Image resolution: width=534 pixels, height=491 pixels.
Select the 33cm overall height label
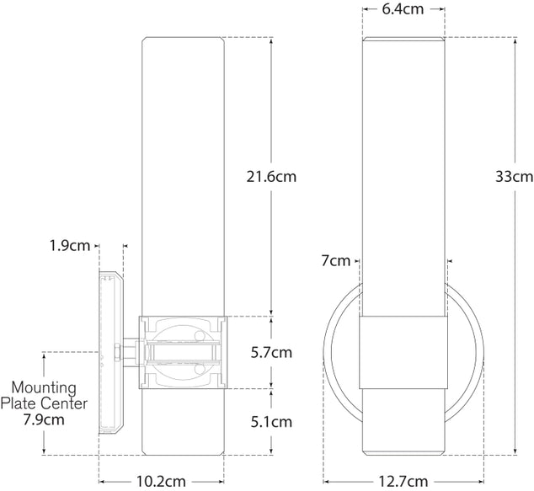click(x=513, y=177)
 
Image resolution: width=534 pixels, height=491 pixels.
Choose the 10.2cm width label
click(x=162, y=481)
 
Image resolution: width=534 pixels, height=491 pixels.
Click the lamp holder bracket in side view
click(x=184, y=351)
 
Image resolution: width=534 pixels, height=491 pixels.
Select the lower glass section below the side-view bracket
click(x=184, y=421)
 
